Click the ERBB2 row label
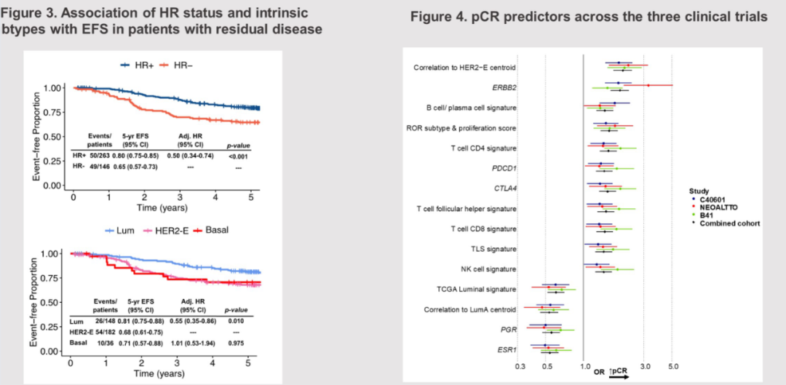[x=503, y=87]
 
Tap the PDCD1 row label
[x=503, y=168]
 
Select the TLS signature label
[x=493, y=249]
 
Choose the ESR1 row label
[x=507, y=349]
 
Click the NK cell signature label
[x=488, y=269]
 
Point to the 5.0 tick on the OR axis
[x=673, y=366]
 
